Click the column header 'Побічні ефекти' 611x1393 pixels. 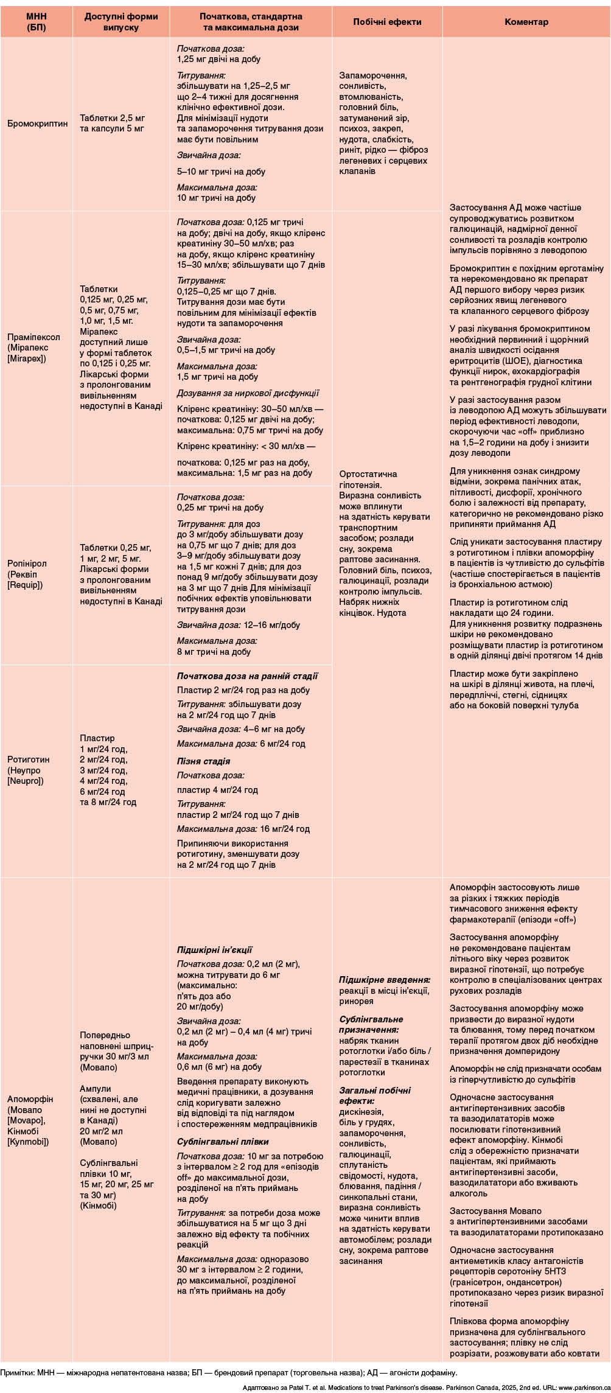click(387, 22)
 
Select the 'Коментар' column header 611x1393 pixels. click(526, 22)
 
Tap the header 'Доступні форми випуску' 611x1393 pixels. click(120, 22)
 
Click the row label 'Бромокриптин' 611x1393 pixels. click(38, 124)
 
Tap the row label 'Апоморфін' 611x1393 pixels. click(30, 1099)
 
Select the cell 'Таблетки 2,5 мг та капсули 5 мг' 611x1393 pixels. click(113, 123)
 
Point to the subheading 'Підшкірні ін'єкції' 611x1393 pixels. click(214, 950)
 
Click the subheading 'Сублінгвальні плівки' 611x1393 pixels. click(223, 1142)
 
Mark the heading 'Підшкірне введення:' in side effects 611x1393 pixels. click(385, 980)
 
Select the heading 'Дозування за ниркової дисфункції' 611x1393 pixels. click(248, 393)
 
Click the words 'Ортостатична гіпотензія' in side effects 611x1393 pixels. click(368, 480)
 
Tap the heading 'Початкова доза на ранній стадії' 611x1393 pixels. click(247, 676)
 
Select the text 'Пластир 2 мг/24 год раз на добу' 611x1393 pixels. click(243, 690)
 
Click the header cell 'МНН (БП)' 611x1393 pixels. click(36, 22)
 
